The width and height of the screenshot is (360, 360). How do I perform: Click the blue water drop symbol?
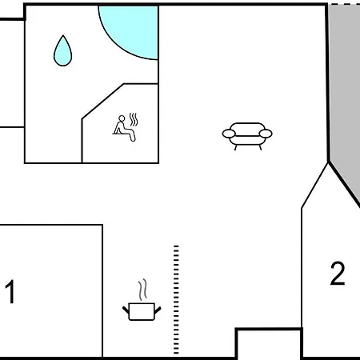pos(63,52)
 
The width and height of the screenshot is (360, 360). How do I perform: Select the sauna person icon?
pos(125,128)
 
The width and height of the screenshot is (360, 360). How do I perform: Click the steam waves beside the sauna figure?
pos(134,119)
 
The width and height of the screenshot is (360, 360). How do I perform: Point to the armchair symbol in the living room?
pos(247,136)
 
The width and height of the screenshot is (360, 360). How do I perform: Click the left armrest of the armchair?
pos(229,134)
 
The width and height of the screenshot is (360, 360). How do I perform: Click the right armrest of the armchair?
pos(266,134)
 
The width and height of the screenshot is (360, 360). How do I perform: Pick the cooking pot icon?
pos(142,311)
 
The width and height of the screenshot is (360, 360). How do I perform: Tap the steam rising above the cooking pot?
pos(142,290)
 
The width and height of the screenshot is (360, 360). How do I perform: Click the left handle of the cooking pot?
pos(126,310)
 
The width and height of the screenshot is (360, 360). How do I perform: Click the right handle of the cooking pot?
pos(158,310)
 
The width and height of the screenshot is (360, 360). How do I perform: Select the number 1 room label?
pos(10,291)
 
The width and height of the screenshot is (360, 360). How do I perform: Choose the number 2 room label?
pos(338,274)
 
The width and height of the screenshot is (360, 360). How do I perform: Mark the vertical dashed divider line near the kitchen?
pos(176,300)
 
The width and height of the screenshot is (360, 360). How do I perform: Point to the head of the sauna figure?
pos(122,118)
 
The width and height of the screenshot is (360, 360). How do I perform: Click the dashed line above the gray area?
pos(346,4)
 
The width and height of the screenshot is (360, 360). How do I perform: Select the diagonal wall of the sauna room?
pos(103,102)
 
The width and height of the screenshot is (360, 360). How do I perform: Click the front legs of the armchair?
pos(248,147)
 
